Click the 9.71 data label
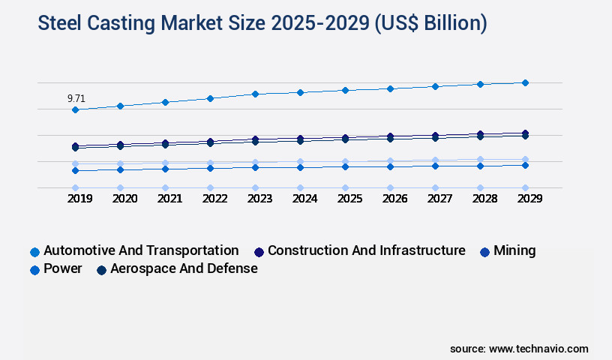76,98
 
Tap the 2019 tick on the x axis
75,199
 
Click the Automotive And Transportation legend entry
141,250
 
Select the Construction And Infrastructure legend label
366,250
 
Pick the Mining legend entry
514,250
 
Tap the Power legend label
63,268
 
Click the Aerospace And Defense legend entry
184,268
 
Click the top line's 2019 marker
75,109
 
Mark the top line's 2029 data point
525,82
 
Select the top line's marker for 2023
255,94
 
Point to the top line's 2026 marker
390,88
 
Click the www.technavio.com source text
538,349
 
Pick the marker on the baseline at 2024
300,187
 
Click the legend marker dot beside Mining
484,251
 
